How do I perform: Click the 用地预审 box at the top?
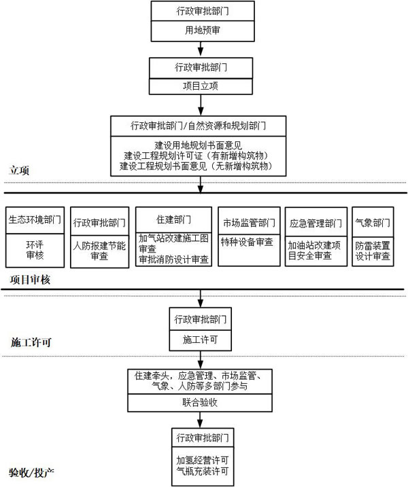click(x=203, y=31)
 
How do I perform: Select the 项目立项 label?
click(x=201, y=86)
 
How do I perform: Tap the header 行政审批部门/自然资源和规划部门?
click(x=198, y=126)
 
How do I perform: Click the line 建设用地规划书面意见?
click(x=198, y=145)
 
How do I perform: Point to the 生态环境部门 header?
click(x=35, y=220)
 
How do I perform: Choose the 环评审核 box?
click(x=35, y=251)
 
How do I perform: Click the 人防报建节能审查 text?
click(x=99, y=251)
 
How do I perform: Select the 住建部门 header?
click(x=173, y=219)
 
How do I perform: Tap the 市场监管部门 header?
click(x=249, y=223)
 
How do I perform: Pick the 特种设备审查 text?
click(x=247, y=242)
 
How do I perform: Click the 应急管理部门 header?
click(x=316, y=223)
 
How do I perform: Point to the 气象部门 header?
click(x=373, y=223)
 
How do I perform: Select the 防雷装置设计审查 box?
click(x=373, y=251)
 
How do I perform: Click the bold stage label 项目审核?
click(x=30, y=280)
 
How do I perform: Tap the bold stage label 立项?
click(x=19, y=170)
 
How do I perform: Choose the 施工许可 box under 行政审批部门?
click(x=201, y=340)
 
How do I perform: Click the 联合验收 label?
click(x=200, y=403)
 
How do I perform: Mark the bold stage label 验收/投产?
click(x=32, y=473)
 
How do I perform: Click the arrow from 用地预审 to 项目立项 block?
click(x=201, y=49)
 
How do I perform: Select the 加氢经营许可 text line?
click(x=203, y=460)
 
